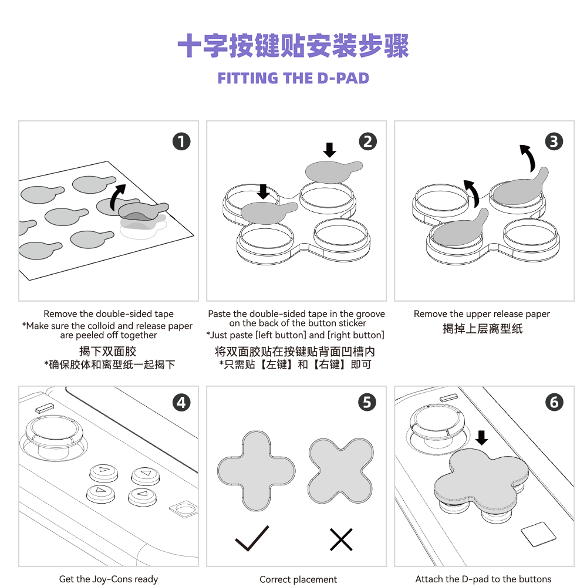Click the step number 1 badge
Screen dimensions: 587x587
pos(181,141)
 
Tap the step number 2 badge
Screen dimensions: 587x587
pos(367,141)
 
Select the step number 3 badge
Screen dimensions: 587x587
pos(554,141)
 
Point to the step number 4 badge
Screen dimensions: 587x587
pos(181,402)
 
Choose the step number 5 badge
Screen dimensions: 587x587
pos(367,402)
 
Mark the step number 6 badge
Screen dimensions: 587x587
pos(554,402)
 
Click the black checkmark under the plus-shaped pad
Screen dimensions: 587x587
pos(252,538)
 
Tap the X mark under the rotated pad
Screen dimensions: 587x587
pos(341,539)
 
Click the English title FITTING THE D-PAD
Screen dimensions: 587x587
pos(293,79)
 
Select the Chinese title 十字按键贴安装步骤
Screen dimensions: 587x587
pos(293,46)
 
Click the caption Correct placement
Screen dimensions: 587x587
pos(298,579)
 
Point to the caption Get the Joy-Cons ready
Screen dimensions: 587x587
pos(109,579)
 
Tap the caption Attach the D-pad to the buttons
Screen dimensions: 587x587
pos(483,579)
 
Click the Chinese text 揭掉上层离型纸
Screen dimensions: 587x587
pos(482,329)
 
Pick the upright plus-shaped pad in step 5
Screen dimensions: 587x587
pos(256,471)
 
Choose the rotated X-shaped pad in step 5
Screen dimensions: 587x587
pos(341,471)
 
